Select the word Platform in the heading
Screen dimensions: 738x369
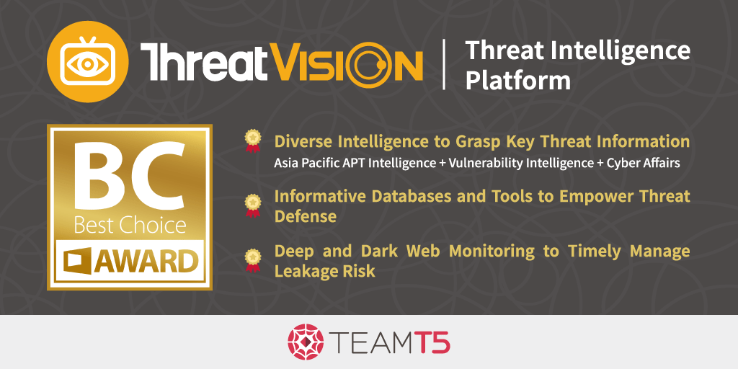[517, 81]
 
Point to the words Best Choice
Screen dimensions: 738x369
[130, 226]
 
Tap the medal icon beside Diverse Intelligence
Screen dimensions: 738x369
[253, 141]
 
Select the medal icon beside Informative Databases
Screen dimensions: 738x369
[253, 205]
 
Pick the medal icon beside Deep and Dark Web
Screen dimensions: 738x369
[253, 260]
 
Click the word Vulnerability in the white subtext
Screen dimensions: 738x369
[474, 164]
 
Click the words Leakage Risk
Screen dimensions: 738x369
[325, 271]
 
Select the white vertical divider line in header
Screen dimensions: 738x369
[444, 63]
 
